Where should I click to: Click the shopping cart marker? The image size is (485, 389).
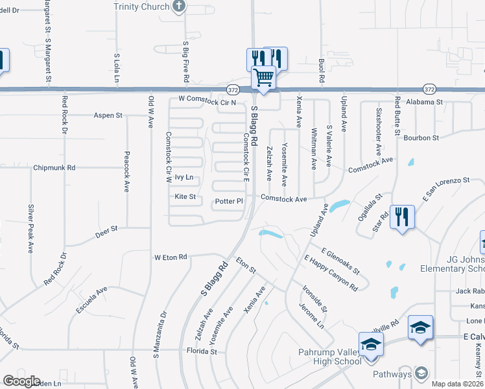point(264,77)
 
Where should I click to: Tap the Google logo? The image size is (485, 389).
point(21,381)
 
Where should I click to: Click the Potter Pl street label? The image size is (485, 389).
point(229,201)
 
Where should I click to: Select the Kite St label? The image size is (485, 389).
point(185,196)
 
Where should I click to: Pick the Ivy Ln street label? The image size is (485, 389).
point(185,177)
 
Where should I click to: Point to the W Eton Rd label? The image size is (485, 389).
point(171,257)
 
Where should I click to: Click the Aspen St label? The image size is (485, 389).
point(108,115)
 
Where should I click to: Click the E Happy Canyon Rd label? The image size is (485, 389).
point(331,272)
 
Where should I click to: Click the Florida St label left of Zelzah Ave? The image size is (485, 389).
point(203,351)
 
